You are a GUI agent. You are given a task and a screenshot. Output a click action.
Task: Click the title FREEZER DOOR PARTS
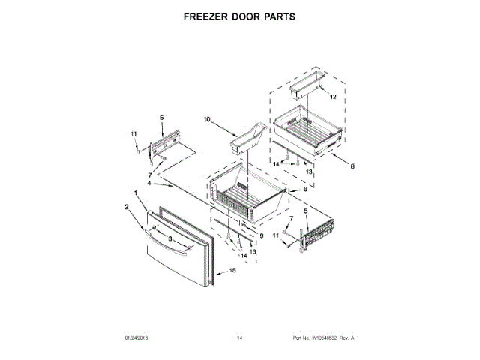(x=240, y=15)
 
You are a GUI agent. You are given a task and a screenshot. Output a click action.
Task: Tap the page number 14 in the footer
(x=240, y=339)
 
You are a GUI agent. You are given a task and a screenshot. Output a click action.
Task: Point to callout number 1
(x=135, y=193)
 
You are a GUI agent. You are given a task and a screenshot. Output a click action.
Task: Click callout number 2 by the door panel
(x=127, y=206)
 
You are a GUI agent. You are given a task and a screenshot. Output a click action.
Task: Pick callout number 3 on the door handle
(x=170, y=238)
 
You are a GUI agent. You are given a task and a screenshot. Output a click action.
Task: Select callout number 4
(x=149, y=183)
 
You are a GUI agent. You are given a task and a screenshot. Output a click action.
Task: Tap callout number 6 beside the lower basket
(x=305, y=190)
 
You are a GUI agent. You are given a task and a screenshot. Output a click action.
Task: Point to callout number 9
(x=261, y=236)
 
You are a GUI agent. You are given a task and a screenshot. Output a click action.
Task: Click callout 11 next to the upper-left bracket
(x=136, y=135)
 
